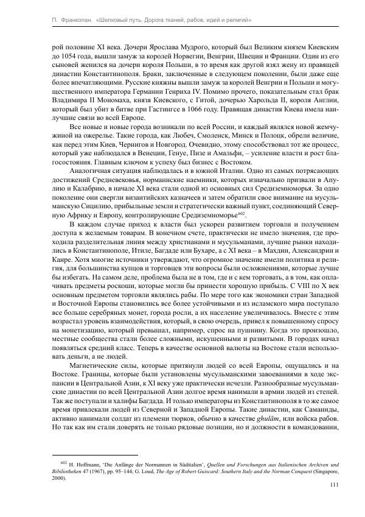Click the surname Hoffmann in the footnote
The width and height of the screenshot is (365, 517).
point(77,465)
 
